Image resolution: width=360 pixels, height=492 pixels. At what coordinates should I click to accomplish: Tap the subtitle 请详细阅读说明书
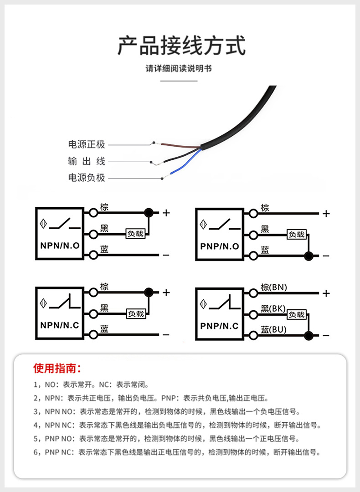click(179, 69)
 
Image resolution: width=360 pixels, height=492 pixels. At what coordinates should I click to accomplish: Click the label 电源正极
click(87, 144)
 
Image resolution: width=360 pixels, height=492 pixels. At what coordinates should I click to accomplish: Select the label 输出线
click(87, 161)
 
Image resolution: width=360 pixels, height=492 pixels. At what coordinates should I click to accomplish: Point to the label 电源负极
click(87, 178)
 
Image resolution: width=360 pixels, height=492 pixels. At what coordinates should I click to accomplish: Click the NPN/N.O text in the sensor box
click(60, 246)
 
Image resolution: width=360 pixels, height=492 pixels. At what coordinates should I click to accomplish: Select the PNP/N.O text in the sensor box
click(220, 246)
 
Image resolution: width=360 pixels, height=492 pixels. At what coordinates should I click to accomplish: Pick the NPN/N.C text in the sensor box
click(60, 325)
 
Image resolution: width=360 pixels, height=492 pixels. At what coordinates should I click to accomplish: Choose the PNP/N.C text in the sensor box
click(220, 326)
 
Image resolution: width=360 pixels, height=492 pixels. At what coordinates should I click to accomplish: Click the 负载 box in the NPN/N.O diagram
click(136, 234)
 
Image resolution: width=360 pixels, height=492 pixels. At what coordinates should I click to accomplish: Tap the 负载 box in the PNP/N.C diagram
click(297, 314)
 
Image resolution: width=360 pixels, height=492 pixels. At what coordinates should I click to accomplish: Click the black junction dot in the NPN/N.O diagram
click(148, 212)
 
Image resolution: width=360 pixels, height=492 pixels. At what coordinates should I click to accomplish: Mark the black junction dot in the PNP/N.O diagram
click(309, 256)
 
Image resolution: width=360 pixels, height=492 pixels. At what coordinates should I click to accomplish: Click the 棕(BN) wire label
click(274, 287)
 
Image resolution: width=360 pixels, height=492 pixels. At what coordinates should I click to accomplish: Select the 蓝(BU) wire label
click(274, 329)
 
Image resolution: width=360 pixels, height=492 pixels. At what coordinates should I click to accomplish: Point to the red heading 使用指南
click(57, 368)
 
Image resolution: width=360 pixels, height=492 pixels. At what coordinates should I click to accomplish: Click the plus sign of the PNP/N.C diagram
click(326, 293)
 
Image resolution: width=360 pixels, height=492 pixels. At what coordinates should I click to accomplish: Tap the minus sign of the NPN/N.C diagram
click(166, 335)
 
